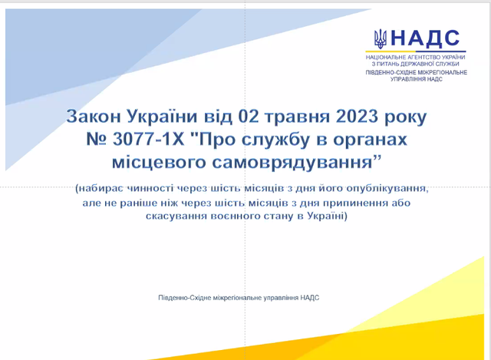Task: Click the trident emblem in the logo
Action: click(381, 39)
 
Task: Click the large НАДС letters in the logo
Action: click(425, 38)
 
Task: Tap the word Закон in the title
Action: click(94, 116)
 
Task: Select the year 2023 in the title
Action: click(357, 116)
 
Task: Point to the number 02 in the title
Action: click(249, 116)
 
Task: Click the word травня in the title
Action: click(297, 117)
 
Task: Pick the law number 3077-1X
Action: click(148, 139)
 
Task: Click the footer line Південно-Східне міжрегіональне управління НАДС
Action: click(239, 298)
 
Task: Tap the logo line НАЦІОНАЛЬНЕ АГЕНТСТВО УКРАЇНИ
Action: click(416, 58)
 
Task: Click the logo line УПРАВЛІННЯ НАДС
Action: click(416, 79)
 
